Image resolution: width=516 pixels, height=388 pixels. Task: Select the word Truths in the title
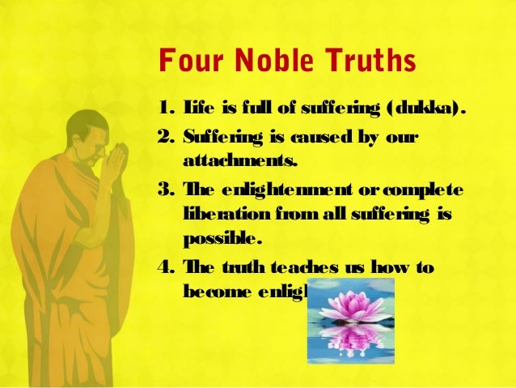pos(366,62)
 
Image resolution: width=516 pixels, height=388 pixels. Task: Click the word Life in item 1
pos(197,107)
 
